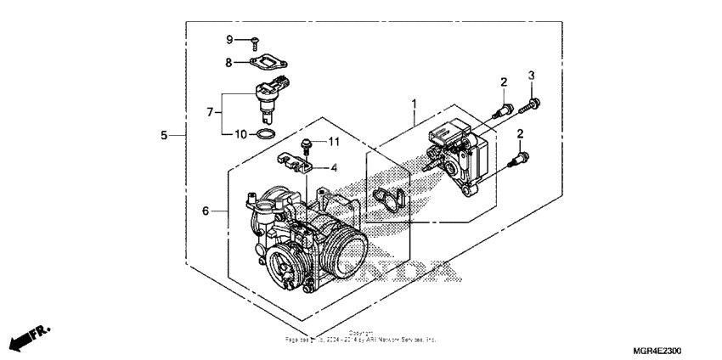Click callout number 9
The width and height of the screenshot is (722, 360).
click(228, 40)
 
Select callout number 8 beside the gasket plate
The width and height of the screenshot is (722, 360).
click(228, 62)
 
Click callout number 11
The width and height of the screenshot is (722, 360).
click(334, 141)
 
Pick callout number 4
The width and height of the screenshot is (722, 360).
click(334, 168)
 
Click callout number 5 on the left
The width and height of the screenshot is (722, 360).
click(165, 135)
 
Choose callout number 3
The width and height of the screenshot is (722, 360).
click(531, 76)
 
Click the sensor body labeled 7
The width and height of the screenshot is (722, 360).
click(265, 102)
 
